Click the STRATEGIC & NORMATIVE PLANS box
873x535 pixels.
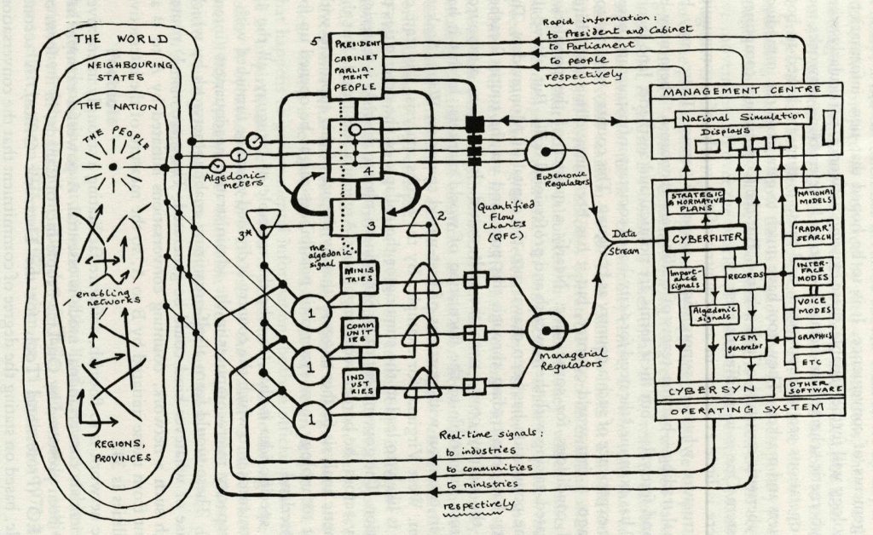tap(695, 197)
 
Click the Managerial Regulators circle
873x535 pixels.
tap(542, 331)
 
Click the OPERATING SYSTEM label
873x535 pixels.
tap(749, 410)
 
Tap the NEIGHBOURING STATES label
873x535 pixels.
tap(119, 71)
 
